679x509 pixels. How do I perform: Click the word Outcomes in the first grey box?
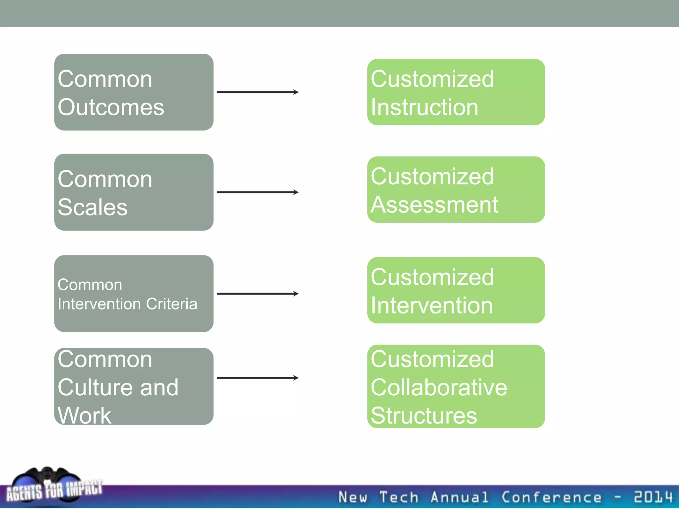point(111,107)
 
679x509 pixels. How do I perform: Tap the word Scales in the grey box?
point(93,207)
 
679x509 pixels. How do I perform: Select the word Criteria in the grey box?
point(171,304)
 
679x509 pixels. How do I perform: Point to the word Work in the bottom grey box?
point(84,415)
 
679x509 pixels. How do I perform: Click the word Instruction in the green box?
point(424,107)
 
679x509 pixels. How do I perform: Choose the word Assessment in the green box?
point(434,205)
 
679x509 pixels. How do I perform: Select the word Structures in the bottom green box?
point(424,415)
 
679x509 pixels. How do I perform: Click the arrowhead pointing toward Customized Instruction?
point(296,92)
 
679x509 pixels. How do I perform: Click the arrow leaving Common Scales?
point(257,192)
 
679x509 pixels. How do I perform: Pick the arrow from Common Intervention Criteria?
point(257,294)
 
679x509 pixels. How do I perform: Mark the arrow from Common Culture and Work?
point(257,378)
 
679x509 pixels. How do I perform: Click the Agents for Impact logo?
point(53,487)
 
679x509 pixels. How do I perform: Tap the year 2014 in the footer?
point(653,497)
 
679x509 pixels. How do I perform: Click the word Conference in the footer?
point(551,497)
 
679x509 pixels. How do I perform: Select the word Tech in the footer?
point(399,497)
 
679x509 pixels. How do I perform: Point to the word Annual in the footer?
point(459,497)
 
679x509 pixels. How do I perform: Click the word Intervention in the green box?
point(432,306)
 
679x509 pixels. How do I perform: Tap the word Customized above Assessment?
point(432,176)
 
